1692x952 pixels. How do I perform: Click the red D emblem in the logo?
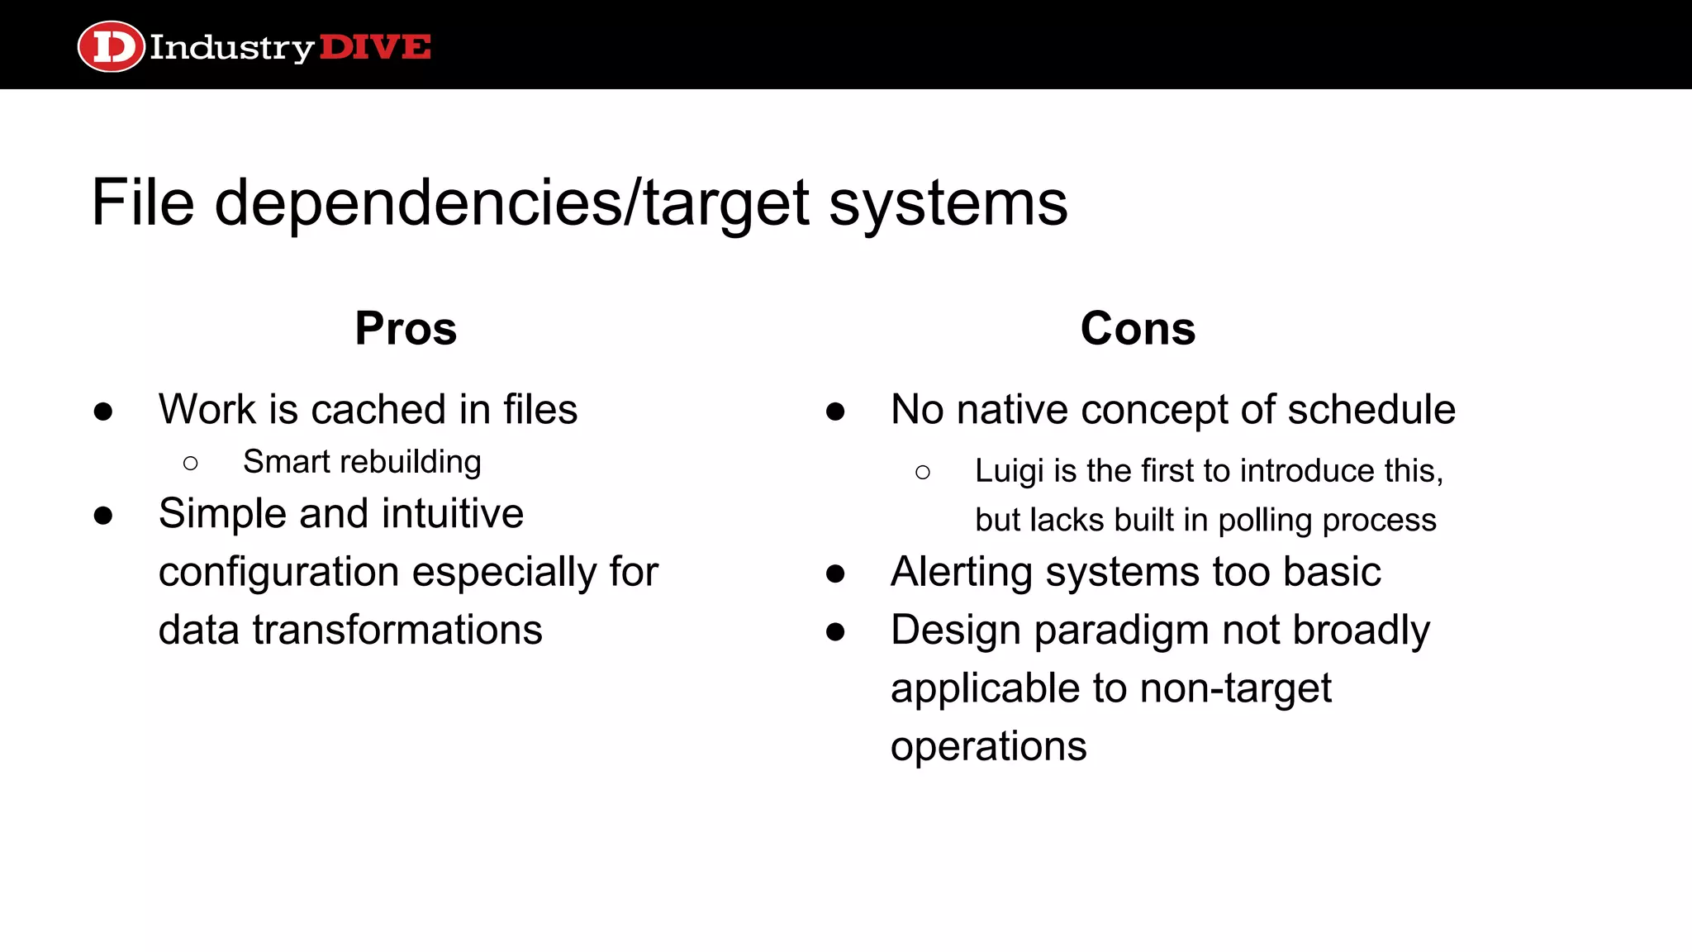[111, 46]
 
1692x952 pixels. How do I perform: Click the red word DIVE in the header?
[374, 47]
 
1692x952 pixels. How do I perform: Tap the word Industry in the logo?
[231, 48]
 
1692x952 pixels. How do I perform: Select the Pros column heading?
[406, 328]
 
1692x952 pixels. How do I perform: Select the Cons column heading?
[1138, 328]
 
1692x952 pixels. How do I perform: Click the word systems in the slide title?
[948, 202]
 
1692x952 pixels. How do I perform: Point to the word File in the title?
[142, 202]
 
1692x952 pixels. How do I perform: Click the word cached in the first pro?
[378, 409]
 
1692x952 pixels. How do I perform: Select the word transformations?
[397, 630]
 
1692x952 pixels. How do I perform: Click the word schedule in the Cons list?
[1371, 409]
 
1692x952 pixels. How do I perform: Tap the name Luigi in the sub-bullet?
[1009, 471]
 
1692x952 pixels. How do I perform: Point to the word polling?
[1265, 521]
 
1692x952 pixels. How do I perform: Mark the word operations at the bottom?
[988, 746]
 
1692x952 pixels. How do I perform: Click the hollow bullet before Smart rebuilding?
[191, 463]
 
